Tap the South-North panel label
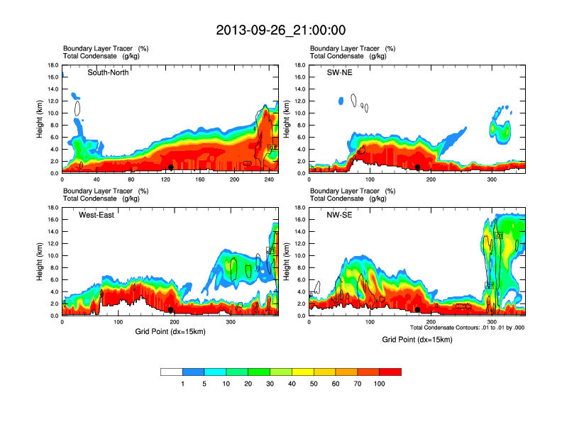point(108,72)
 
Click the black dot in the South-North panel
point(171,167)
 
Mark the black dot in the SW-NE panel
point(418,167)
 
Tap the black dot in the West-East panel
point(171,310)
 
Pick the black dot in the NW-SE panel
point(418,310)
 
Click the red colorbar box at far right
point(390,372)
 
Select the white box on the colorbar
point(172,372)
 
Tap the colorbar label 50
point(314,384)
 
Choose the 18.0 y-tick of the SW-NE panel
point(301,65)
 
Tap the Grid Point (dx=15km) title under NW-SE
point(417,340)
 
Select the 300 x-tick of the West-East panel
point(231,322)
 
